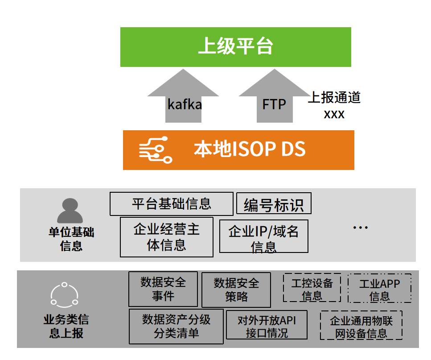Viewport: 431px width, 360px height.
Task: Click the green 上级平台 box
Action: [235, 47]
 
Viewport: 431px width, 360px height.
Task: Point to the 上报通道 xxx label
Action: [334, 105]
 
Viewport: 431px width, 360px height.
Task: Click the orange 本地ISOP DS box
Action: [238, 150]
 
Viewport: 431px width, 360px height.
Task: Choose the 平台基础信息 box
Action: [171, 204]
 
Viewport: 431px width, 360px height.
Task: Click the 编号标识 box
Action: [273, 204]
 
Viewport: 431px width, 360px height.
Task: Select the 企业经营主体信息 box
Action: [167, 237]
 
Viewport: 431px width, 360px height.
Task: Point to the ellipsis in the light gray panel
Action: [360, 228]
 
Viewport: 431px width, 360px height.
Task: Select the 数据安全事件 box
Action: [163, 289]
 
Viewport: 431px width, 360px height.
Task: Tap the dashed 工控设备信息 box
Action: [312, 288]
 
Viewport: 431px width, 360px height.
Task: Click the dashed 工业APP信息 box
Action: [379, 289]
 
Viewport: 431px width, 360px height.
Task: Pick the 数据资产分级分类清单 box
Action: [176, 327]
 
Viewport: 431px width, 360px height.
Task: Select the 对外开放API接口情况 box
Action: [267, 326]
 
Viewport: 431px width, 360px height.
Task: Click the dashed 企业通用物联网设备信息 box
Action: [361, 327]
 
